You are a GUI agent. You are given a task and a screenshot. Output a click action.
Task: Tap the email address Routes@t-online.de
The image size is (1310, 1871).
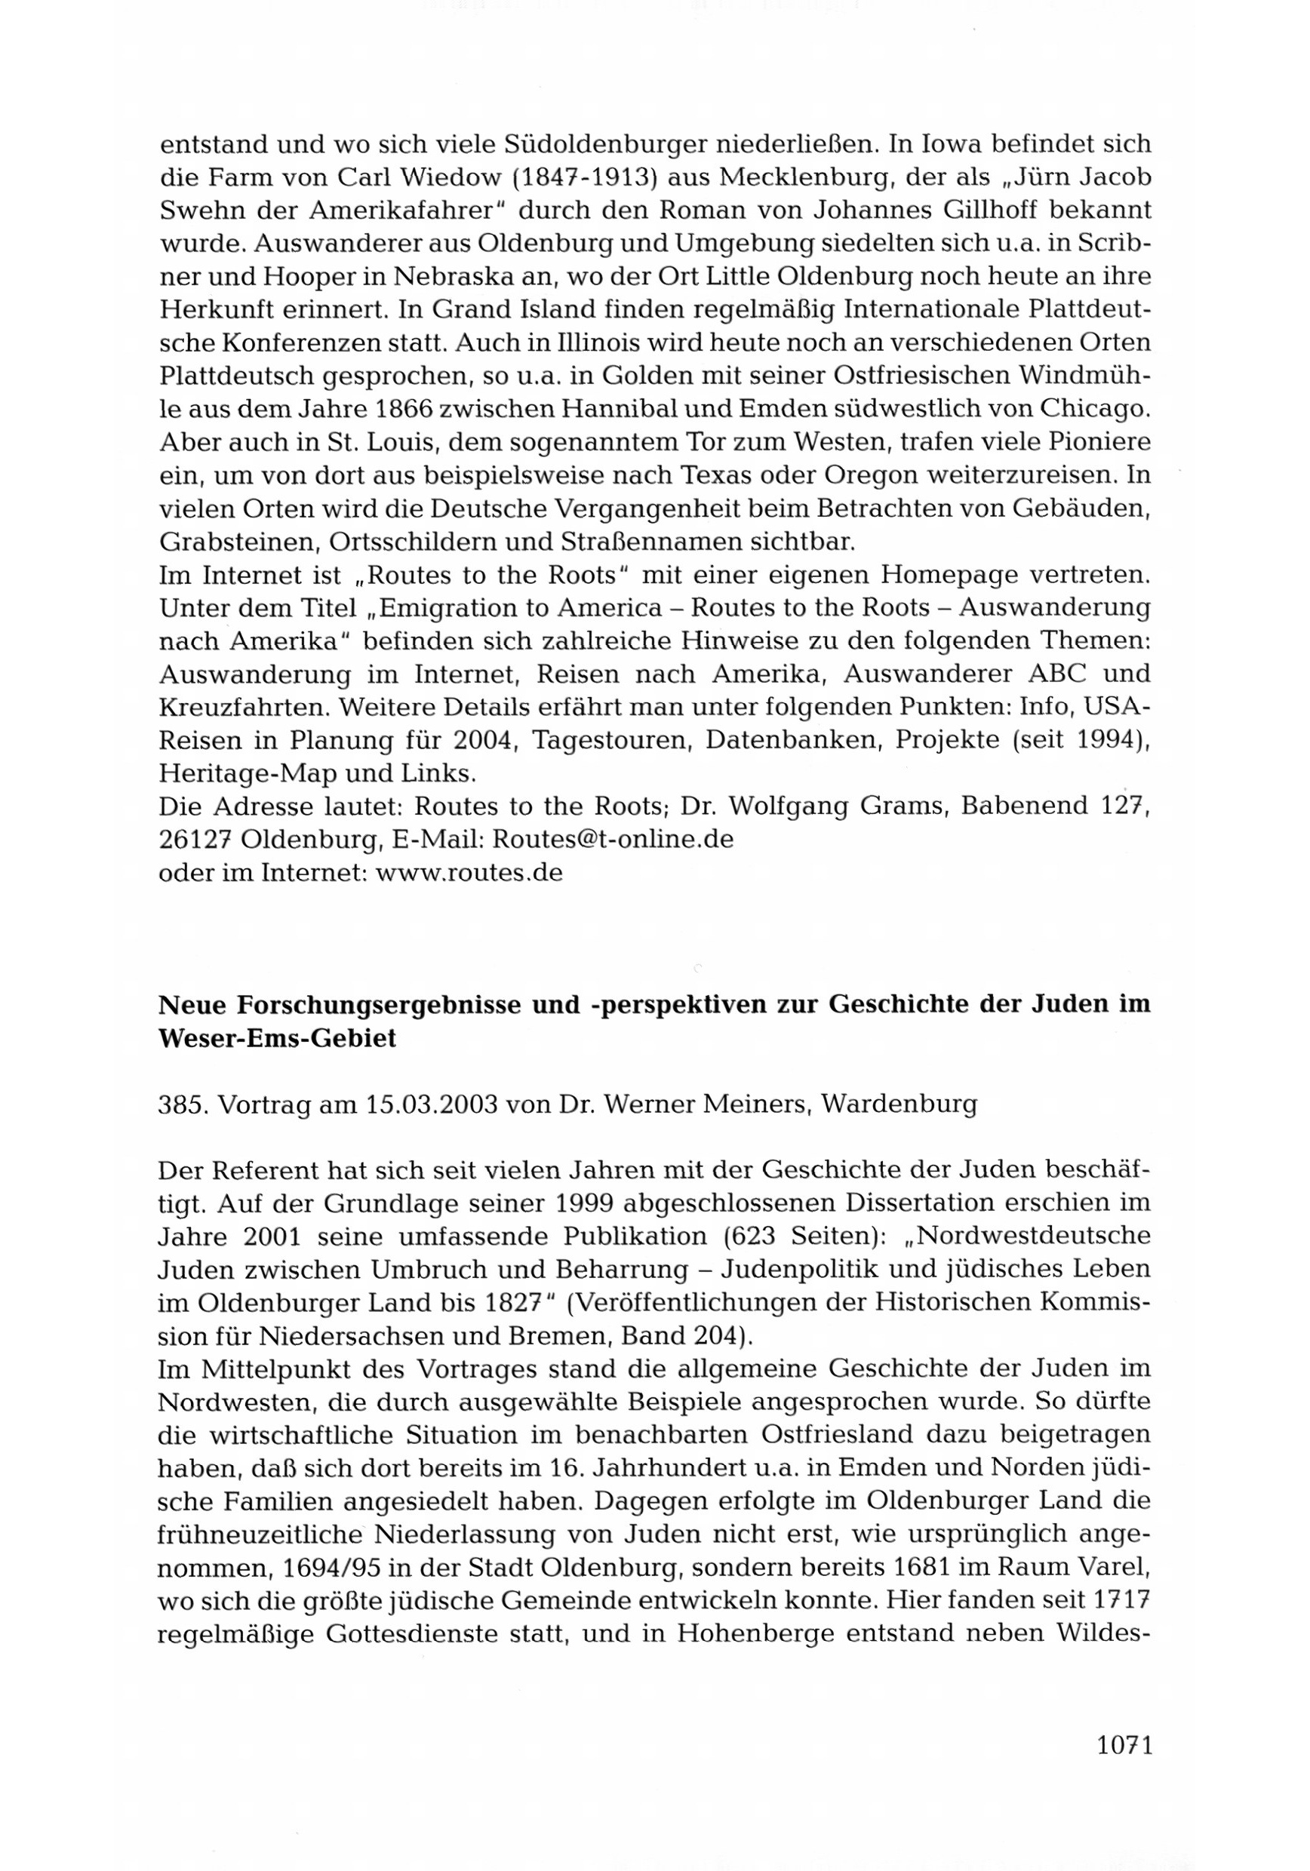point(613,838)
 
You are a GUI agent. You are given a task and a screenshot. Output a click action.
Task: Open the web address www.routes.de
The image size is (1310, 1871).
point(469,872)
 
